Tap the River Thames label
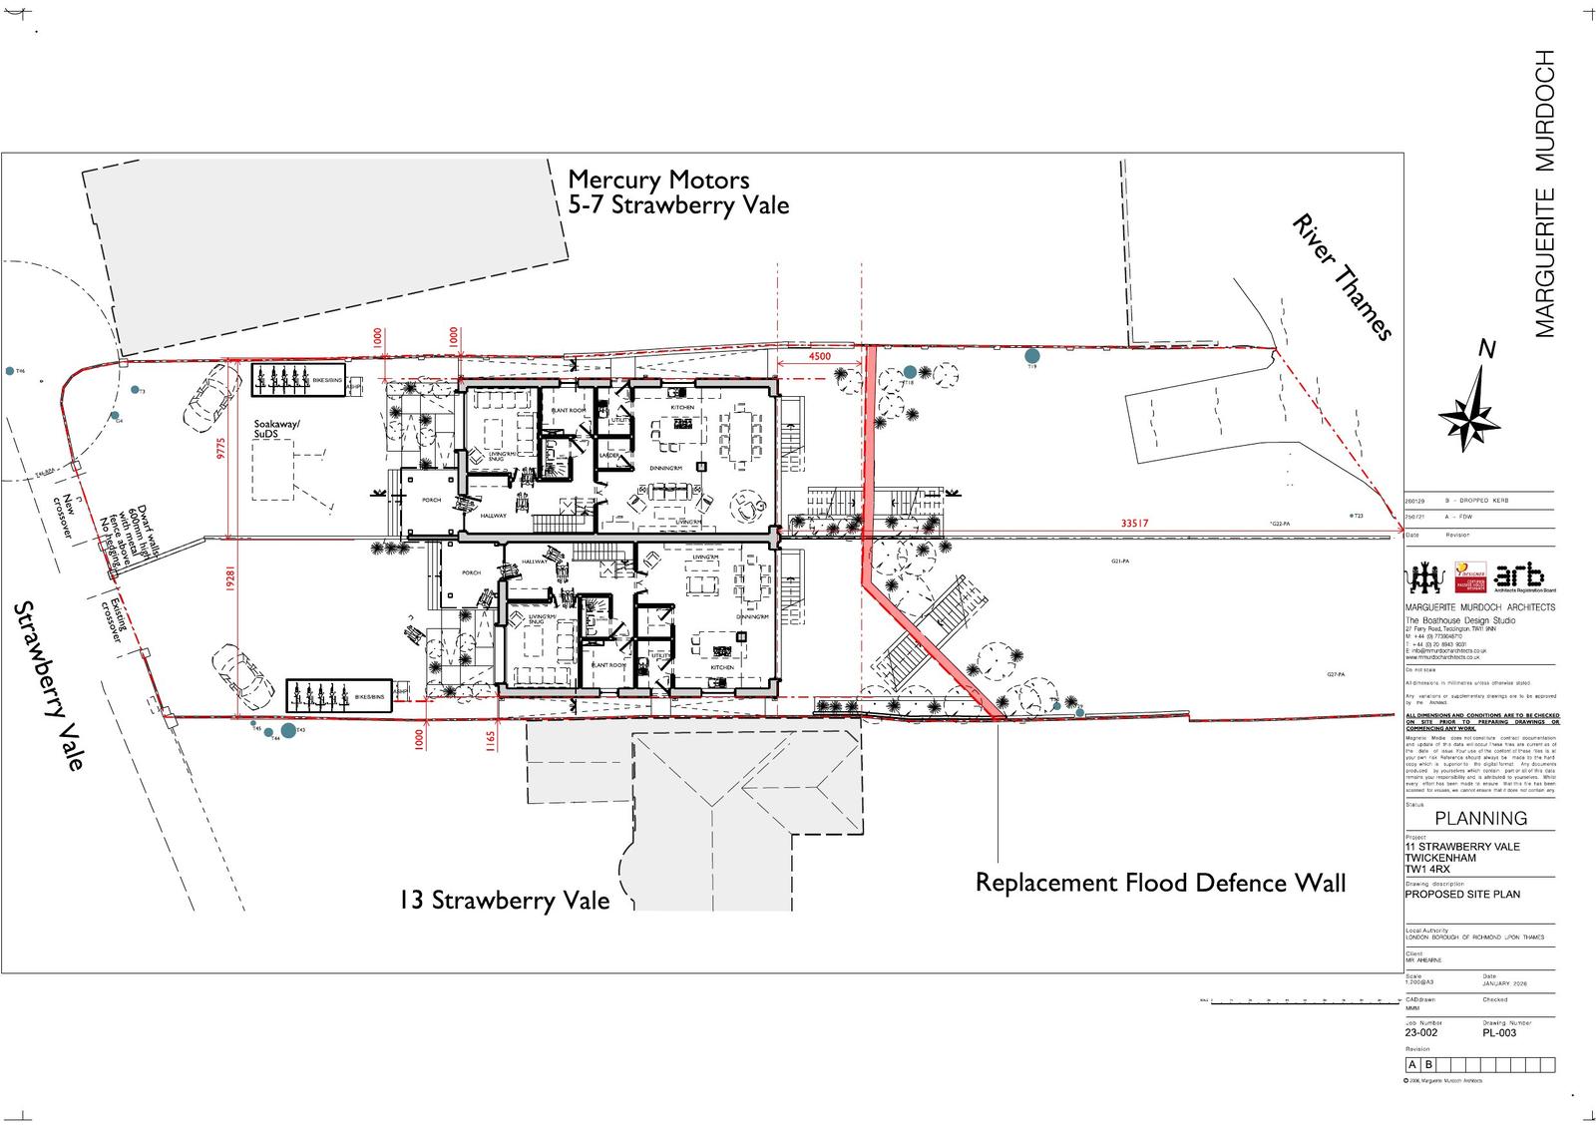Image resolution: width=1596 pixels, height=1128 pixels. click(x=1342, y=276)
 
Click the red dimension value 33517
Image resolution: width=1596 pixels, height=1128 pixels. click(x=1135, y=524)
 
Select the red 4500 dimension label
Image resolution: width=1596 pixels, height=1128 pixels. click(x=819, y=356)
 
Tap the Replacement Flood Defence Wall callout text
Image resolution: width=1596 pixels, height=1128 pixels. click(x=1160, y=883)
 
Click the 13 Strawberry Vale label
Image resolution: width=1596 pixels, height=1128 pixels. click(x=504, y=900)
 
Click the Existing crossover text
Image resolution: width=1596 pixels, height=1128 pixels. click(x=117, y=619)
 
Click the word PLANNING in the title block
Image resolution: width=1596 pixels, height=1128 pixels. click(x=1480, y=818)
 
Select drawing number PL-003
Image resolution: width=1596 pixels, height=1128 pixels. click(x=1499, y=1033)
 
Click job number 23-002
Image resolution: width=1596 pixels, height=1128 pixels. click(x=1421, y=1033)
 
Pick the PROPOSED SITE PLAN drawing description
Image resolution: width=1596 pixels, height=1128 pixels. click(x=1462, y=894)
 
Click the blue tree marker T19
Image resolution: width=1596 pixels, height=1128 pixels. click(x=1032, y=355)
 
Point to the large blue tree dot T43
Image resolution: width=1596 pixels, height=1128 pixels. click(x=289, y=731)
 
